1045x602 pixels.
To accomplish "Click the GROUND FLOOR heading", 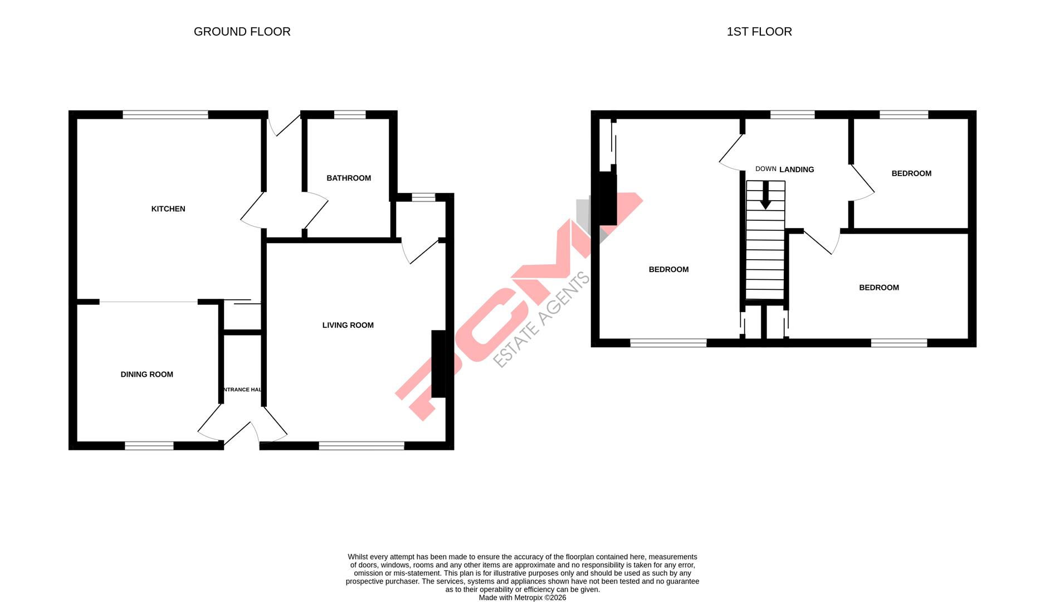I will (242, 32).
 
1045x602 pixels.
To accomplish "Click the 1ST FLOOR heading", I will (759, 32).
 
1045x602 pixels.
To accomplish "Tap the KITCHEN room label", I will (168, 209).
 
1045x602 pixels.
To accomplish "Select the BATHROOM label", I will (349, 178).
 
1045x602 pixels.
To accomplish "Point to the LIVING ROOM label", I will (348, 326).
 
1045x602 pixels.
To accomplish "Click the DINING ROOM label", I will (147, 375).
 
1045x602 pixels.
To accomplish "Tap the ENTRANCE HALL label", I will (242, 390).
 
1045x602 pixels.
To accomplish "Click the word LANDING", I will (797, 169).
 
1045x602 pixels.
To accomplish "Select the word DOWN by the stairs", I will (765, 169).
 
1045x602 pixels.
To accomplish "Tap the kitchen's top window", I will (165, 115).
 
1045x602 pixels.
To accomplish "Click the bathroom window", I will (350, 115).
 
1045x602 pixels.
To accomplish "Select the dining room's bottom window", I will (149, 445).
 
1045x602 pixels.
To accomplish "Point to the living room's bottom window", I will (362, 445).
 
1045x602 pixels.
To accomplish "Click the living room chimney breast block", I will (438, 364).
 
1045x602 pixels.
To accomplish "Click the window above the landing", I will (792, 115).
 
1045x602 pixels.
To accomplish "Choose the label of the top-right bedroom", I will (911, 174).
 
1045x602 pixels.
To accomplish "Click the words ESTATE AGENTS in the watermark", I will (541, 319).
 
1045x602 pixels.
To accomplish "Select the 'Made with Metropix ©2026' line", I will (522, 598).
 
